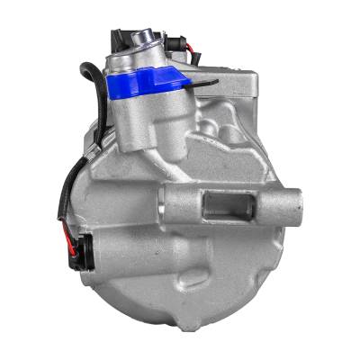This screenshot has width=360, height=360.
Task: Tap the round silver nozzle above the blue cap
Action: [x=142, y=38]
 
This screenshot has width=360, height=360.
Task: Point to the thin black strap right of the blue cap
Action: [x=205, y=84]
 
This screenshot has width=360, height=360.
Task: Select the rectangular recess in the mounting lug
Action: [x=225, y=205]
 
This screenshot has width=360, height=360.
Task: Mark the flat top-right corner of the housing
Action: [x=256, y=85]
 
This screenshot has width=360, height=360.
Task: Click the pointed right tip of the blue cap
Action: [x=191, y=82]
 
